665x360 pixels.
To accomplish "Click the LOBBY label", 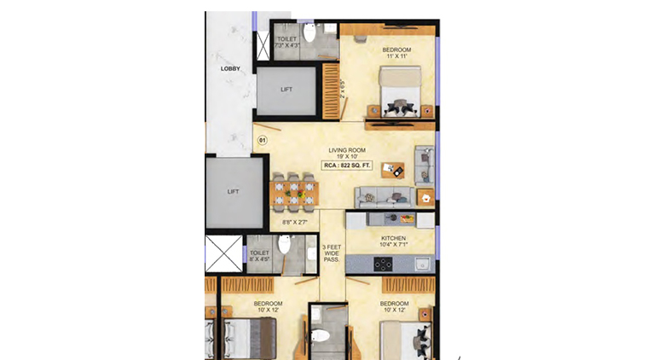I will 230,68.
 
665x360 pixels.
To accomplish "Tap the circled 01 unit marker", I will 263,140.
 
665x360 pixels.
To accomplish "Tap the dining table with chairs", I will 295,194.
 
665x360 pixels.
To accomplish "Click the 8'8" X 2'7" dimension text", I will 294,223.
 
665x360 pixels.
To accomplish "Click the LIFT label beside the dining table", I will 234,192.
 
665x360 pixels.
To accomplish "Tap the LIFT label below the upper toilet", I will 286,89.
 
